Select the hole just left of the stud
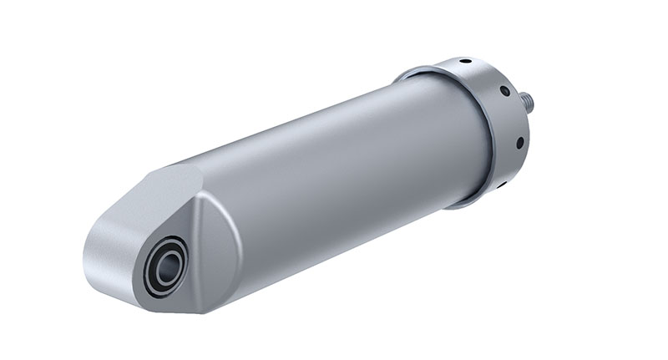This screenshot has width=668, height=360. (x=505, y=92)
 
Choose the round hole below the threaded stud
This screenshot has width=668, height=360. (x=519, y=143)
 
